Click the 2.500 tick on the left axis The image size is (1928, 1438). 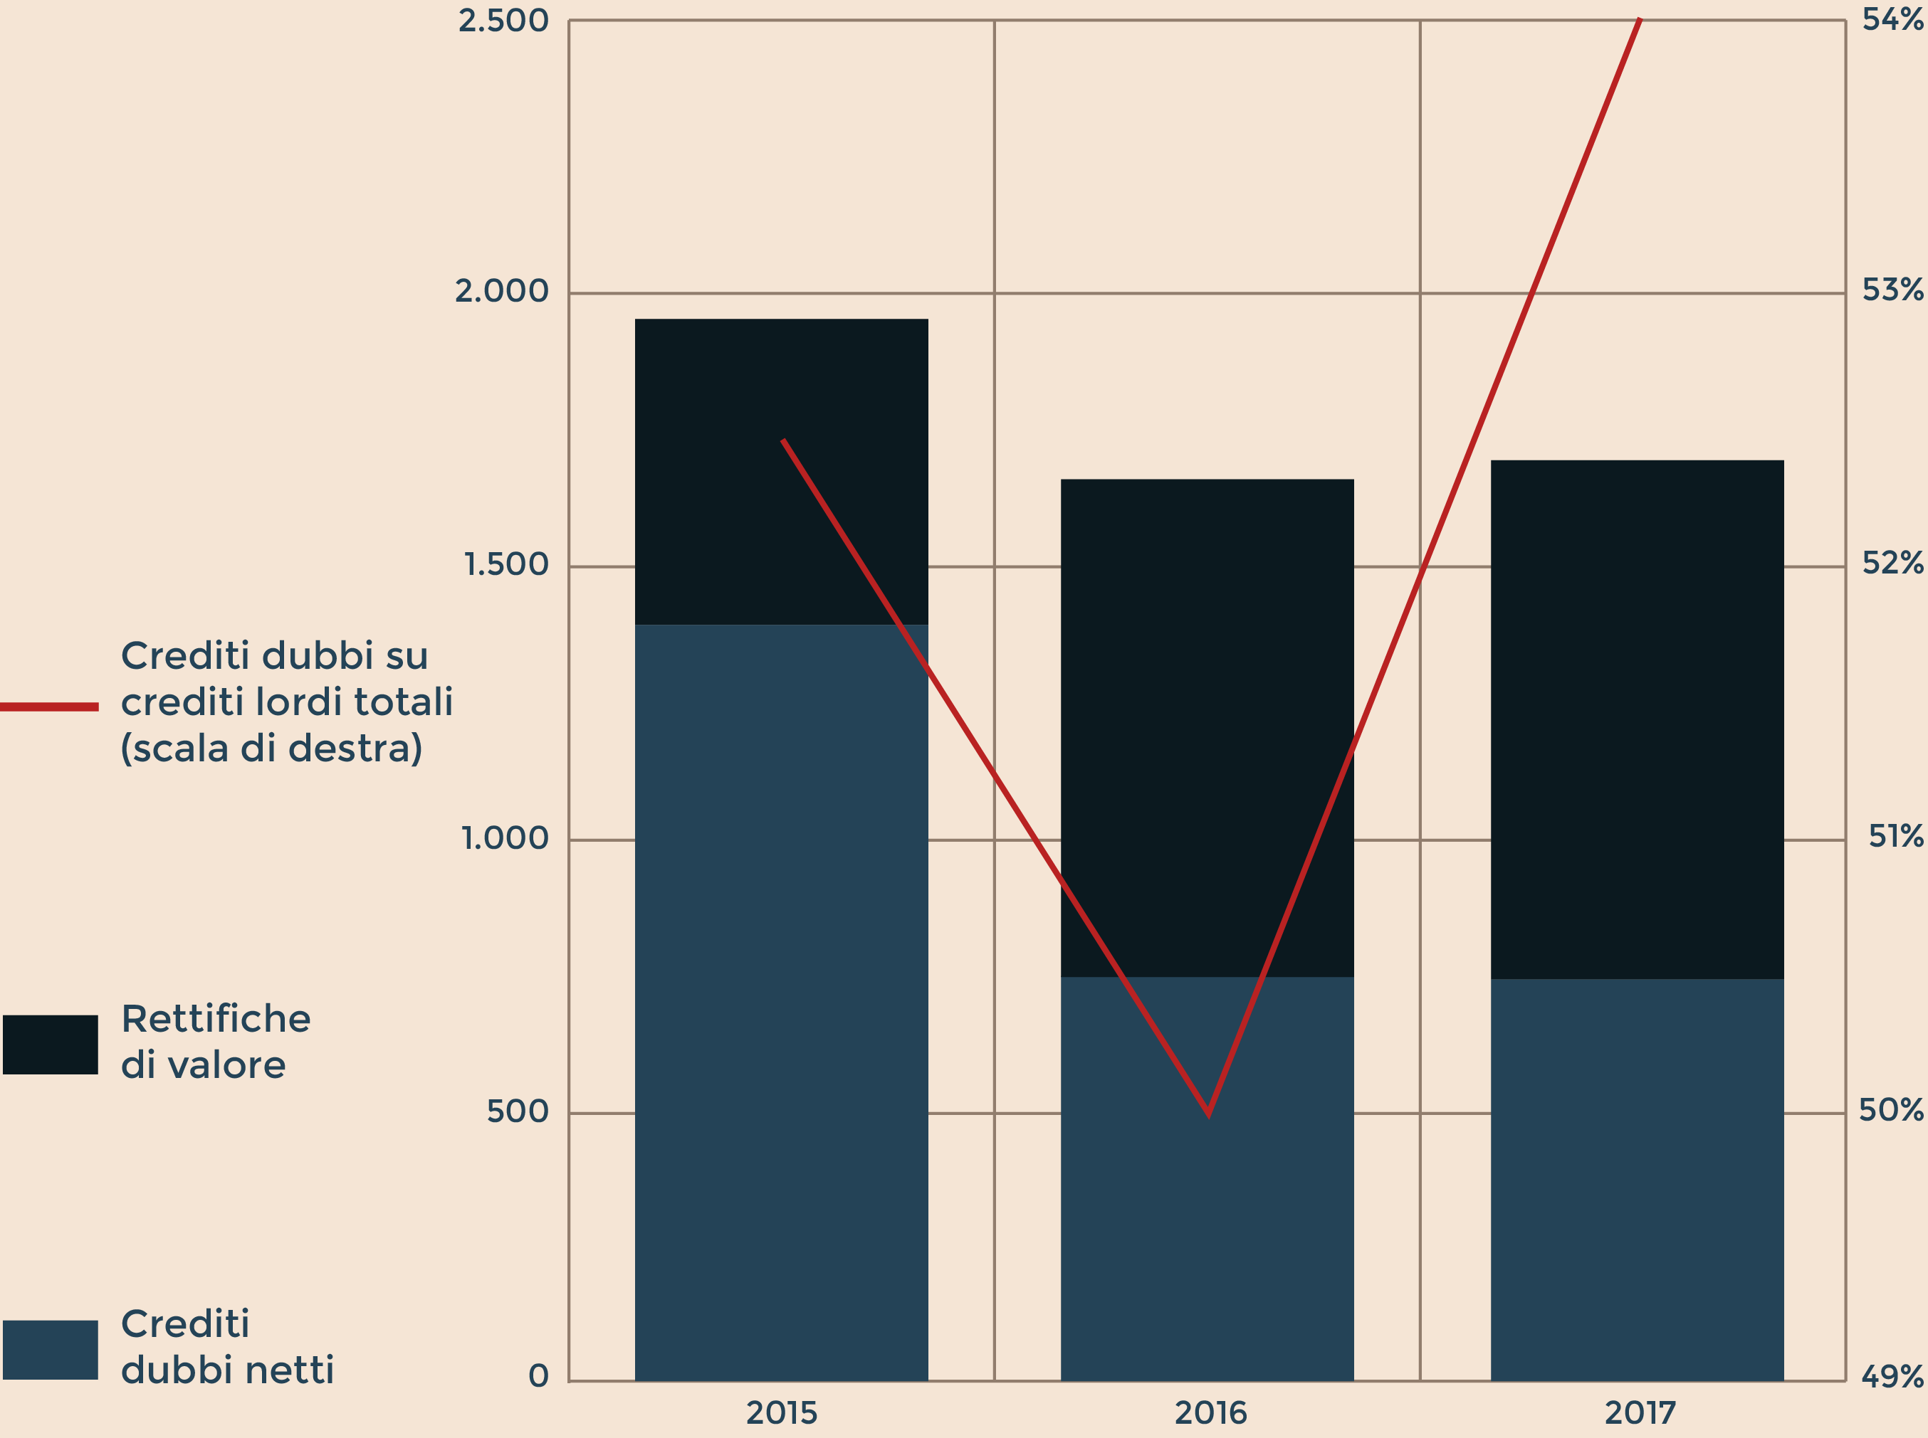click(503, 21)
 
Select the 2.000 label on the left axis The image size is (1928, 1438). click(502, 292)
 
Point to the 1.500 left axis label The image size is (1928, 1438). click(506, 565)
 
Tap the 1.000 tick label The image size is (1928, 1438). click(504, 838)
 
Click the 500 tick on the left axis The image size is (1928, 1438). click(518, 1111)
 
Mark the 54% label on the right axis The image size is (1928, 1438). click(1892, 19)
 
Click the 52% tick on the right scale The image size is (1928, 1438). click(1892, 564)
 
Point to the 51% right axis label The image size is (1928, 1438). click(1896, 837)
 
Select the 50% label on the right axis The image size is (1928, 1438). click(1890, 1110)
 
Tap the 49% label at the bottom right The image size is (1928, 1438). click(1892, 1376)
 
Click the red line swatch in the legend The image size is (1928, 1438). click(48, 707)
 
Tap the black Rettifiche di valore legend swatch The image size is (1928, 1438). click(50, 1045)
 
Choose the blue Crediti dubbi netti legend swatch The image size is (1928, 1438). click(50, 1350)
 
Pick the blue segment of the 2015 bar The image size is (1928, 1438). click(781, 1001)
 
